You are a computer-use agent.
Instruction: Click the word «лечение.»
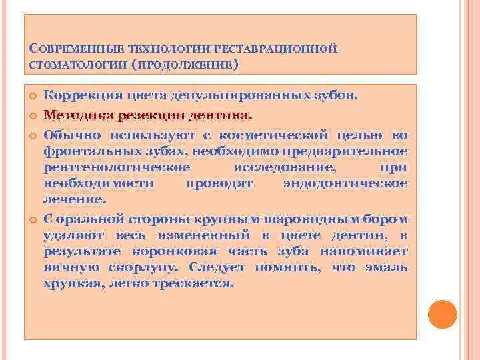tap(75, 199)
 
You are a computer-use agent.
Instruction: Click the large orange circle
tap(442, 314)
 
